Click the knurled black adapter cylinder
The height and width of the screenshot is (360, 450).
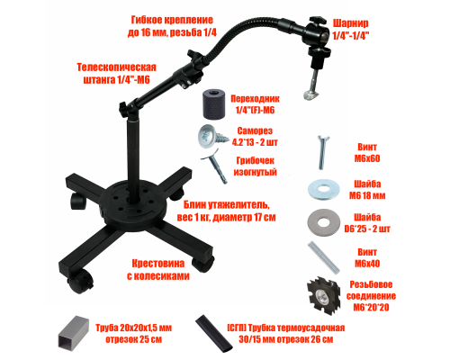pyautogui.click(x=213, y=103)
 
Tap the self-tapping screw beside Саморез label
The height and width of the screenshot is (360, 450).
pyautogui.click(x=212, y=137)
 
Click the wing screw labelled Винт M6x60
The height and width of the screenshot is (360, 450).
pyautogui.click(x=323, y=152)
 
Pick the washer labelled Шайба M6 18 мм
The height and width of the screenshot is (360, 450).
pyautogui.click(x=323, y=189)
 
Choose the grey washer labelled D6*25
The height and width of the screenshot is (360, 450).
pyautogui.click(x=323, y=222)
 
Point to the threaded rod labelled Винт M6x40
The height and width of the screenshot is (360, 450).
pyautogui.click(x=324, y=257)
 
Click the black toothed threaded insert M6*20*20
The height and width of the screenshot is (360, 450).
pyautogui.click(x=324, y=296)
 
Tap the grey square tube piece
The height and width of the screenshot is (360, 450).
pyautogui.click(x=74, y=333)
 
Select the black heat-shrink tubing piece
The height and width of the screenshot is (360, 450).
pyautogui.click(x=214, y=333)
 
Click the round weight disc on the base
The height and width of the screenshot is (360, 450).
pyautogui.click(x=133, y=203)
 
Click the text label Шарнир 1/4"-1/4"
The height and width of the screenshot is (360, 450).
pyautogui.click(x=351, y=30)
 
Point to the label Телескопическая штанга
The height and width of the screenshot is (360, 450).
pyautogui.click(x=116, y=73)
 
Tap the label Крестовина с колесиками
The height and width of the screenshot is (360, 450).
pyautogui.click(x=158, y=269)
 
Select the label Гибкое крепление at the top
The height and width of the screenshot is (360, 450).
pyautogui.click(x=172, y=26)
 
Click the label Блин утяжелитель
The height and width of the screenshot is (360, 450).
pyautogui.click(x=226, y=211)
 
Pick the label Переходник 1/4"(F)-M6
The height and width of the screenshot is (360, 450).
pyautogui.click(x=255, y=104)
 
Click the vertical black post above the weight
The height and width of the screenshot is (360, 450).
pyautogui.click(x=133, y=157)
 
